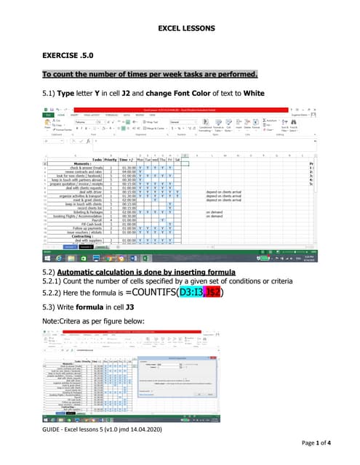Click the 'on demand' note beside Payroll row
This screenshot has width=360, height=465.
coord(214,215)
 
